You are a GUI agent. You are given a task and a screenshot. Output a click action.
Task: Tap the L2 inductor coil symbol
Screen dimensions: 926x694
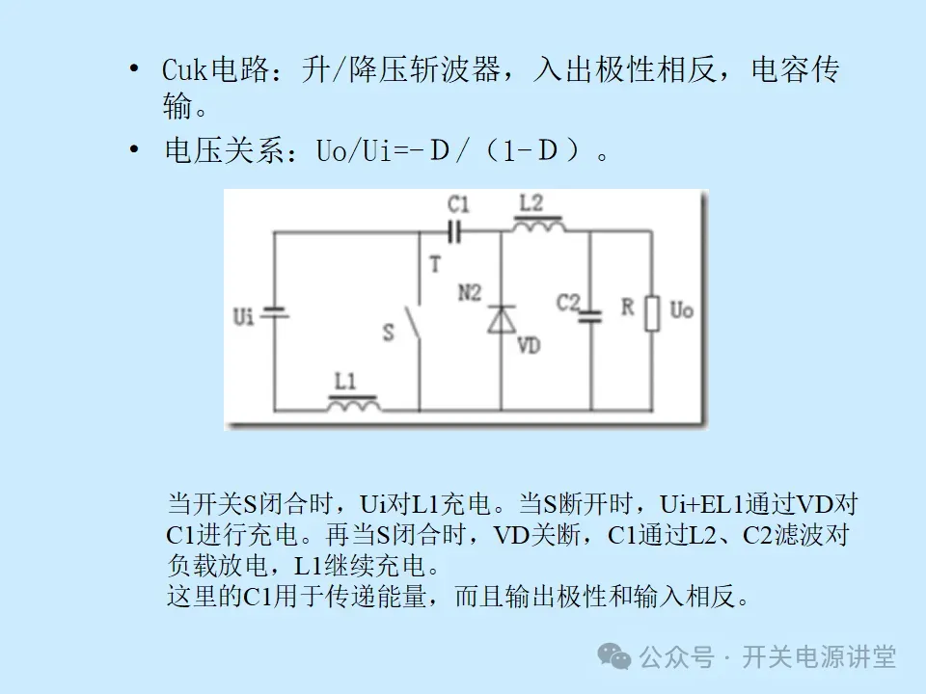pos(538,227)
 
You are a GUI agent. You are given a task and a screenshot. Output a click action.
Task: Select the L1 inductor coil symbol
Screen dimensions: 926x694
pos(353,405)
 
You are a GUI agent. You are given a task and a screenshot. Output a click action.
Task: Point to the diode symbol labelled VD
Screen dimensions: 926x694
pos(501,319)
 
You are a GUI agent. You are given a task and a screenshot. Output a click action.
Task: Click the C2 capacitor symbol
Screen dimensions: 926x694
pos(589,315)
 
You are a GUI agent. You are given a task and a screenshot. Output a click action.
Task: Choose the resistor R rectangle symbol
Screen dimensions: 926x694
pos(653,313)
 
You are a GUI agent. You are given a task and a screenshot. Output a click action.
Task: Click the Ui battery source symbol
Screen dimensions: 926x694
pos(275,314)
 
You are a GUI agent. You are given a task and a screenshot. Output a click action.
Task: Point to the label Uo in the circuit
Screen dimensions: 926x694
pos(681,310)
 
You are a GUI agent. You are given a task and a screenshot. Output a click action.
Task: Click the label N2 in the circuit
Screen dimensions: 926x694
pos(469,293)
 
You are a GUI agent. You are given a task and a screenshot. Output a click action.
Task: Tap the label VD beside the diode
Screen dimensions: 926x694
pos(529,345)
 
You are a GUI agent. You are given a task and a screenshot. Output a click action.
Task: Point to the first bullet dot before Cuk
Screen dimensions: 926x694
pos(135,69)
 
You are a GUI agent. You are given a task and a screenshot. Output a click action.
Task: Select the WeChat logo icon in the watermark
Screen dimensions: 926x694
pos(615,656)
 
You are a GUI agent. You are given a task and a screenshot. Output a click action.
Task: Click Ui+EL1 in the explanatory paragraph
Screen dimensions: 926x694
pos(701,504)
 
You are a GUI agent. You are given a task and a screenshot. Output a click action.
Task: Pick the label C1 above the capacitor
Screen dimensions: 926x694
pos(458,204)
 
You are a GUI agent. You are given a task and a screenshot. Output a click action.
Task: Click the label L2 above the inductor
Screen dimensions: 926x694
pos(531,203)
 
